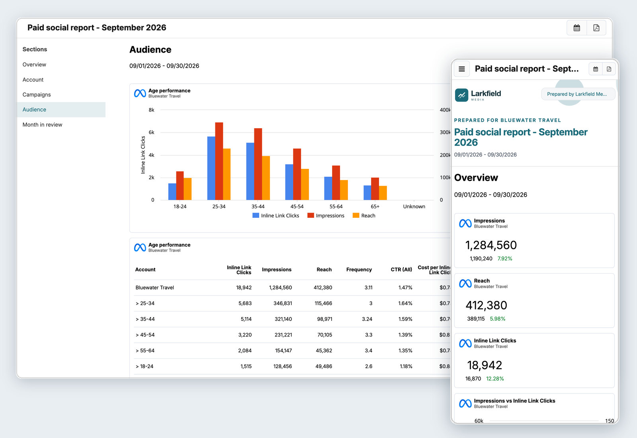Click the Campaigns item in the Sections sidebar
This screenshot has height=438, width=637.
coord(37,94)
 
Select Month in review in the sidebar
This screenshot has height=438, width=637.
coord(42,125)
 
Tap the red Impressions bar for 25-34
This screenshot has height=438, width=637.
coord(219,161)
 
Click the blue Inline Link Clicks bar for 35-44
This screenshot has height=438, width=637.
coord(250,172)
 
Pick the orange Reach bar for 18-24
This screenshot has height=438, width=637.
coord(188,189)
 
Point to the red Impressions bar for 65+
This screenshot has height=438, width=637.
coord(375,189)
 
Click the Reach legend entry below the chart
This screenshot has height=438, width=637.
coord(364,215)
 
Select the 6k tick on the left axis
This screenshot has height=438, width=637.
coord(152,132)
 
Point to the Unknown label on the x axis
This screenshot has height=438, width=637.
coord(414,207)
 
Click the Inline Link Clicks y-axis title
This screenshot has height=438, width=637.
coord(143,155)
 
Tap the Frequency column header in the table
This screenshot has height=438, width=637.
coord(359,269)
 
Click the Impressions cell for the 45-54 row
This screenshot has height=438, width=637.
coord(283,335)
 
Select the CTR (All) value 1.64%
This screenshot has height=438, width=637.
coord(405,303)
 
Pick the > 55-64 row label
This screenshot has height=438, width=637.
coord(145,350)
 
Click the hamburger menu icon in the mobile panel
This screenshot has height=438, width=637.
coord(462,69)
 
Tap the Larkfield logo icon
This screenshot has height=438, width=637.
coord(461,95)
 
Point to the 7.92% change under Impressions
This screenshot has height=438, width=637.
coord(505,258)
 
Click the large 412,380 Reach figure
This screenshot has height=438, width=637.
coord(486,305)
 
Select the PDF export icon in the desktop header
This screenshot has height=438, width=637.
coord(596,28)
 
